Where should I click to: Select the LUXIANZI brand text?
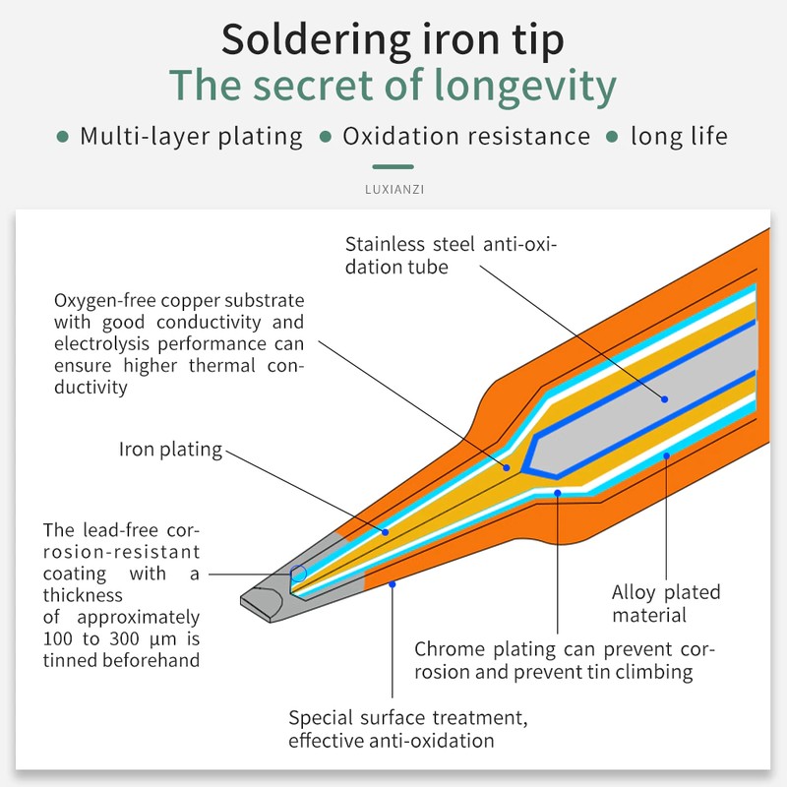(393, 184)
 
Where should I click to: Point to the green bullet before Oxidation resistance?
(326, 137)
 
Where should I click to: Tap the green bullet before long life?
(613, 137)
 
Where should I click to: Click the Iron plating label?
(170, 450)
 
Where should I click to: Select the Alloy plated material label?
(666, 604)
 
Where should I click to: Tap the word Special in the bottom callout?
(320, 717)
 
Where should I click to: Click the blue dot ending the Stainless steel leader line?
(665, 398)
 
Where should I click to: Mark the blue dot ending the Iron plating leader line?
(386, 532)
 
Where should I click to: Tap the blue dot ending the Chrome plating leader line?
(557, 492)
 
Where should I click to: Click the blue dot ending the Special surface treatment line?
(393, 584)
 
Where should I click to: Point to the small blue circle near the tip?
(299, 573)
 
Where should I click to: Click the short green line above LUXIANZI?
(393, 167)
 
